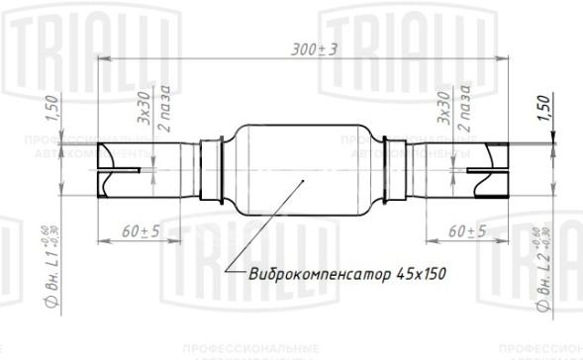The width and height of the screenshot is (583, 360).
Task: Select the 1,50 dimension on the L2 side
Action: pyautogui.click(x=541, y=108)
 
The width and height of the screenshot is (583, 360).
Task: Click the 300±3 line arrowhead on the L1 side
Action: pyautogui.click(x=101, y=61)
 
